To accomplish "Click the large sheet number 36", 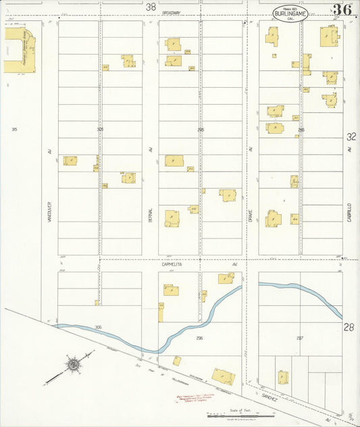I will (x=341, y=10).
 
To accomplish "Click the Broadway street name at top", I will (x=172, y=13).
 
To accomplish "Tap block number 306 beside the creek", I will (x=98, y=327).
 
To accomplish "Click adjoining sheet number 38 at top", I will (x=150, y=7).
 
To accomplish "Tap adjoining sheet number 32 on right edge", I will (x=351, y=136).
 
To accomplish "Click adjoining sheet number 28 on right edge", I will (x=349, y=327).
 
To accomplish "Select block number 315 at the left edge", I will (x=14, y=128).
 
